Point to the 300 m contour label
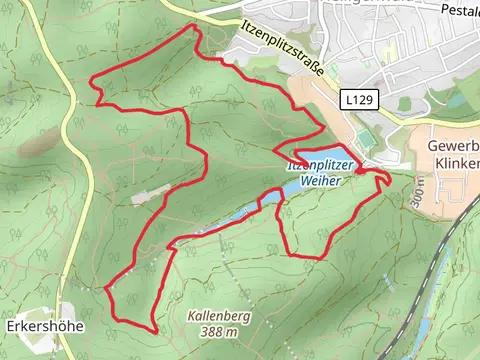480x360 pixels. [x=415, y=193]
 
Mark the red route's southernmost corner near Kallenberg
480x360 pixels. [x=153, y=330]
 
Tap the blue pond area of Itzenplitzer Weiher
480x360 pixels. [x=300, y=186]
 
